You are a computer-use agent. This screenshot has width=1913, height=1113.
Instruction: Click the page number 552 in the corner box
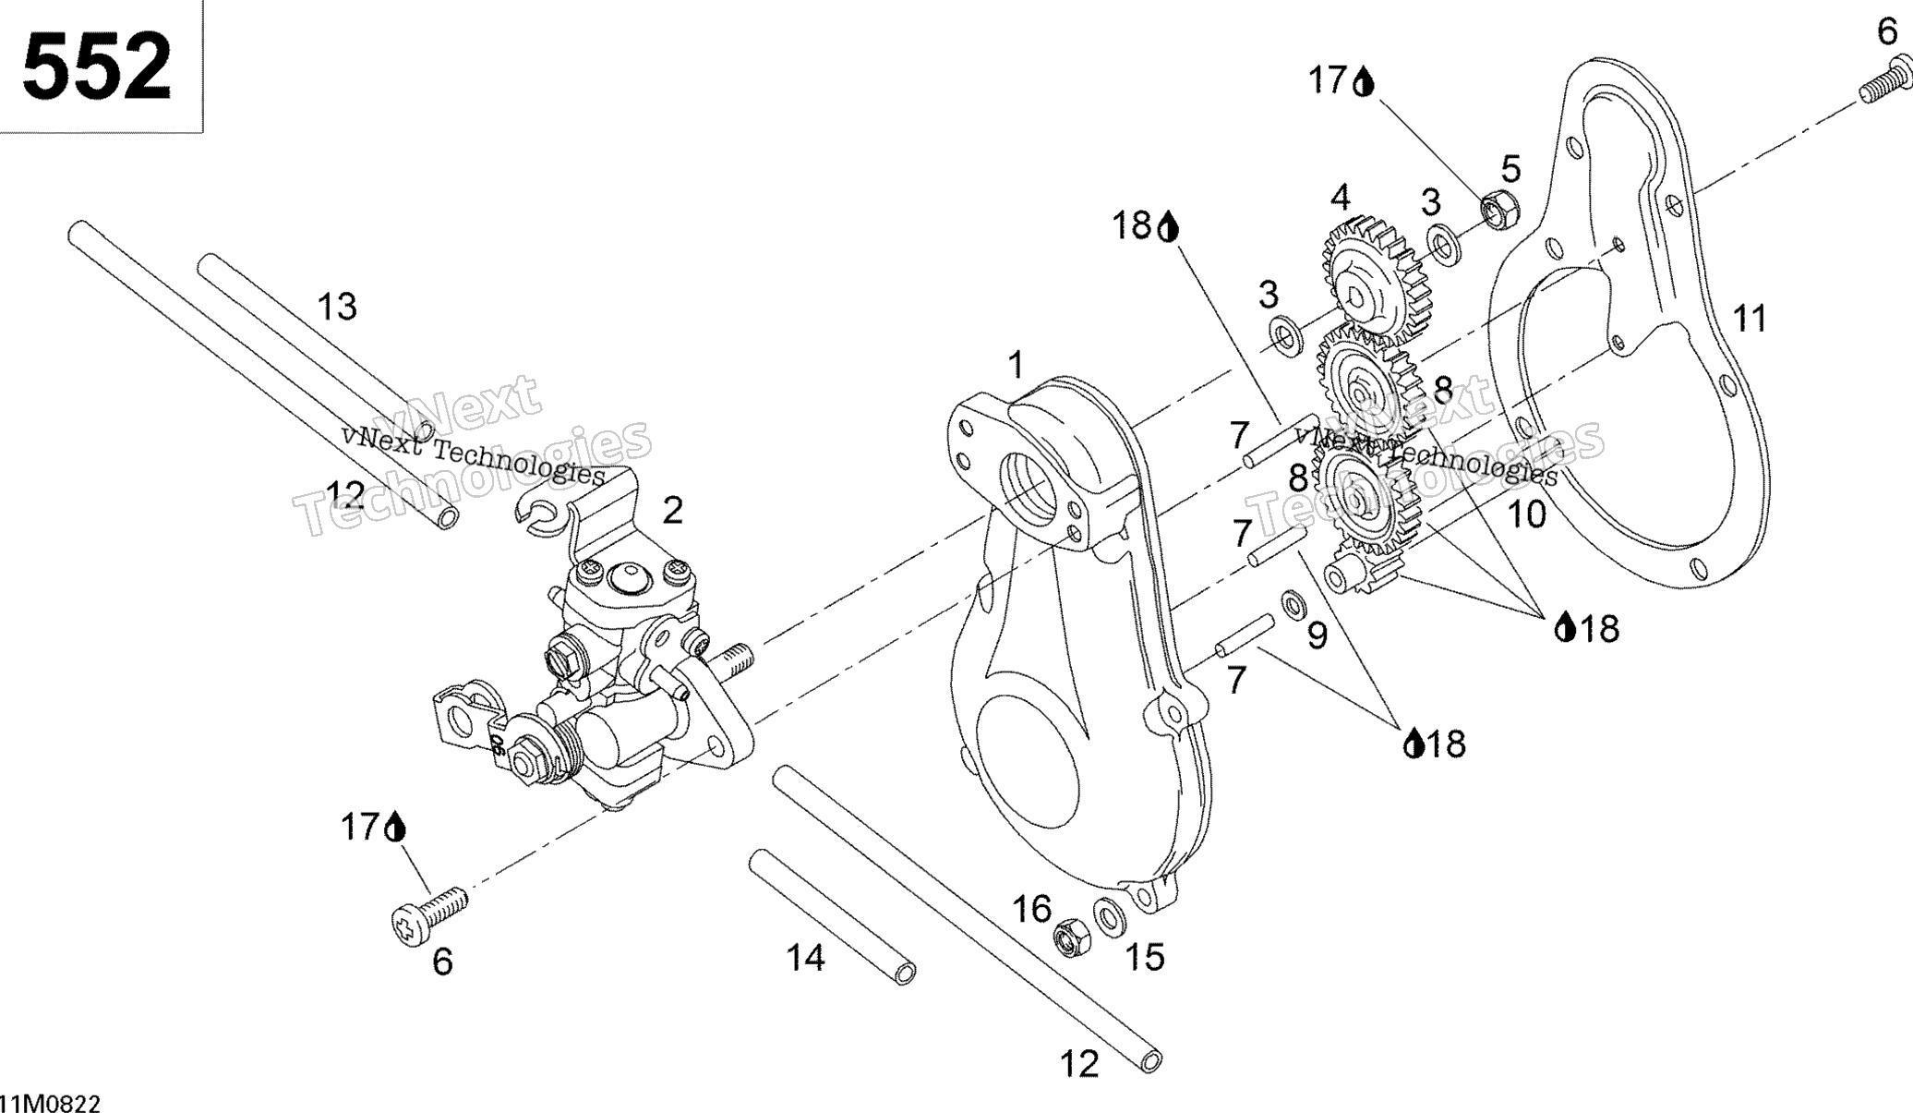(97, 66)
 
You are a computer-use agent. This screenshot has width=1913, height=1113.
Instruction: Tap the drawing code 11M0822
(51, 1103)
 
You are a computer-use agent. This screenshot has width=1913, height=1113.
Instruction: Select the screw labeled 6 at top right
(1883, 80)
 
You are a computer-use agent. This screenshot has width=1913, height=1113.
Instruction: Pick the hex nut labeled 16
(1072, 937)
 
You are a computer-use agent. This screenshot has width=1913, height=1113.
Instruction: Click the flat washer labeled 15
(1109, 916)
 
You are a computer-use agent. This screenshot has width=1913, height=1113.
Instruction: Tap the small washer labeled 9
(1293, 604)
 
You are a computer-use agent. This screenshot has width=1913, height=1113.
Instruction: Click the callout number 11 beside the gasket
(1750, 319)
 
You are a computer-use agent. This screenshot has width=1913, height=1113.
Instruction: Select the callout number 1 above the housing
(1016, 365)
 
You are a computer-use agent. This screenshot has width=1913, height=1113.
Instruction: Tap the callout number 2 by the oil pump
(672, 510)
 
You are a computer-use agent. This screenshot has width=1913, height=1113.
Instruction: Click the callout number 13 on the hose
(337, 307)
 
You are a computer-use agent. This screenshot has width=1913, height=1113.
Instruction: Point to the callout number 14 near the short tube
(805, 958)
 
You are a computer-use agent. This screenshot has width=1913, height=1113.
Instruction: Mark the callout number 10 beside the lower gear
(1526, 514)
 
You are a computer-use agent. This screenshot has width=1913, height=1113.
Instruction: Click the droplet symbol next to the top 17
(1364, 84)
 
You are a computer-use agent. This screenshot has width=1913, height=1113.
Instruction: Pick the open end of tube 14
(906, 974)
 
